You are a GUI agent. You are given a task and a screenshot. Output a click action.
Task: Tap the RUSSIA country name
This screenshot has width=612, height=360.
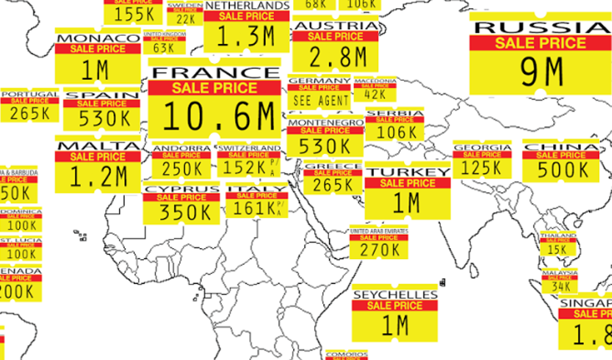[x=541, y=27]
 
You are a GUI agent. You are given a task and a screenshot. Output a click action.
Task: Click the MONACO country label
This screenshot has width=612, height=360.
[x=98, y=38]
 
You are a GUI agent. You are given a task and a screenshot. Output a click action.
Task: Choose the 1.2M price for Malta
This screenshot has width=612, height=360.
[x=98, y=178]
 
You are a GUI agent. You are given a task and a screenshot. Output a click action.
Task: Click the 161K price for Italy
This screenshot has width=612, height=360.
[x=250, y=208]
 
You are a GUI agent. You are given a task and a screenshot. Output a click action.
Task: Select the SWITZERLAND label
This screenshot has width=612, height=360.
[x=249, y=148]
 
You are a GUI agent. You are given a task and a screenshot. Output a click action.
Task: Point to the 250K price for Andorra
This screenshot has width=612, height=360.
[x=181, y=168]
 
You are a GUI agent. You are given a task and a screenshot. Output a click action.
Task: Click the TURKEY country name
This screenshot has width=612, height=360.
[x=408, y=172]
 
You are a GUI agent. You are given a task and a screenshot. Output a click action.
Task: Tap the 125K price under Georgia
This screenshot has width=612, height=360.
[x=482, y=168]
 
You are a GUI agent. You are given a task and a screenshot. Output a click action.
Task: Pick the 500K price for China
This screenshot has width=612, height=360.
[x=562, y=170]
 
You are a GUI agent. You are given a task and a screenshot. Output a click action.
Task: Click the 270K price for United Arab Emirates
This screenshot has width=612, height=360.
[x=379, y=250]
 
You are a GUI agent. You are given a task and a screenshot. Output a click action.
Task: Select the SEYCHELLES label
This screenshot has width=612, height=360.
[x=395, y=295]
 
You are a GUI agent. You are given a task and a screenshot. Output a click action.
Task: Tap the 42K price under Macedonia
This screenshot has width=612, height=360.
[x=375, y=95]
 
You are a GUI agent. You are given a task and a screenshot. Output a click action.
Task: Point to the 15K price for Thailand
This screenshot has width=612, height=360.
[x=558, y=249]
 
